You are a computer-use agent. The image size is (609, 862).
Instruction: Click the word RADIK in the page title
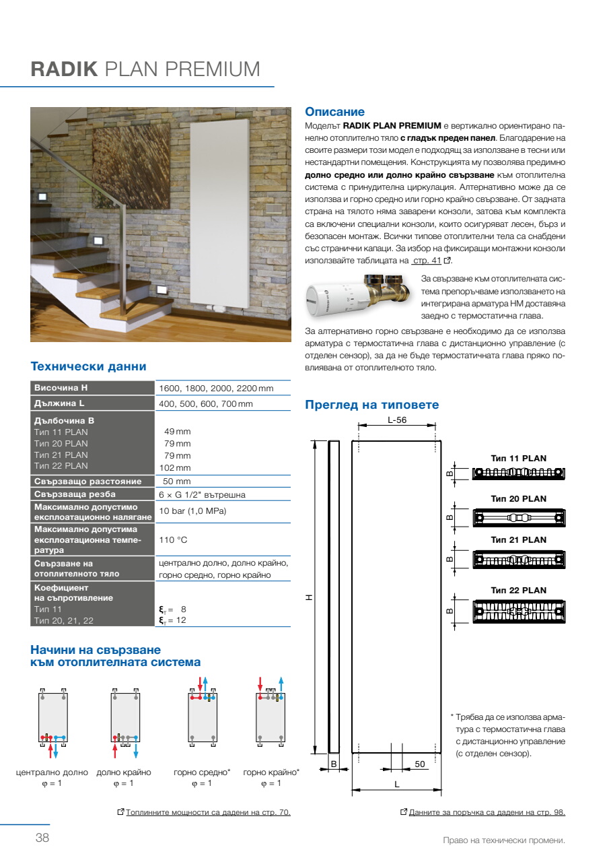tap(65, 70)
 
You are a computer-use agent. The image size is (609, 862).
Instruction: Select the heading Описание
tap(334, 112)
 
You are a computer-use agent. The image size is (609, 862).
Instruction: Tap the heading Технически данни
tap(88, 366)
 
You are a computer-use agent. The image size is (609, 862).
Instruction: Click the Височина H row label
tap(61, 388)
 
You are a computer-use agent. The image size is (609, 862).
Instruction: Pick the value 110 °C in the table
tap(173, 539)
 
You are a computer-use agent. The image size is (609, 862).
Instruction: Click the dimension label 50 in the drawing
tap(419, 764)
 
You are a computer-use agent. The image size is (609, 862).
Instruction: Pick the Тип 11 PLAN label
tap(518, 459)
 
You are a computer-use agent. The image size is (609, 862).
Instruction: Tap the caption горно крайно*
tap(271, 772)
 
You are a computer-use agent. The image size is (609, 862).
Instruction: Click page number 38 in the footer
tap(42, 838)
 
